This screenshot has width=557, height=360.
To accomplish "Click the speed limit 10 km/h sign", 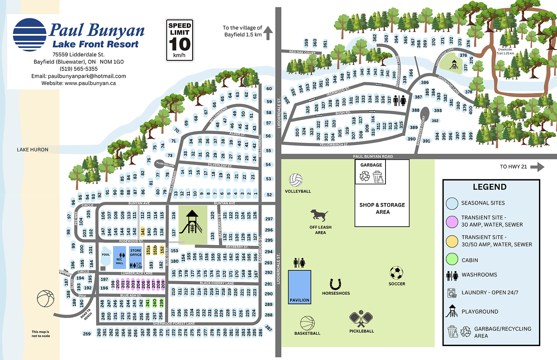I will click(180, 40).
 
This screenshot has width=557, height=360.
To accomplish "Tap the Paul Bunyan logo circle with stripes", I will click(30, 35).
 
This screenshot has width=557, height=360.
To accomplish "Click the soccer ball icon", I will click(396, 273).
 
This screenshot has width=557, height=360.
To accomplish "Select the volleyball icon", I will click(296, 180).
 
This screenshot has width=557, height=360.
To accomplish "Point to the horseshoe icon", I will click(335, 284).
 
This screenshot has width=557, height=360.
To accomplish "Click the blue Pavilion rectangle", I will click(299, 286).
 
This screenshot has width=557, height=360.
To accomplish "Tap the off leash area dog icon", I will click(319, 215).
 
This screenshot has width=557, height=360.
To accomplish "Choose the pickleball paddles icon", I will click(361, 319).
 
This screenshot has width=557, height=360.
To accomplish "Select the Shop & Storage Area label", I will click(382, 208).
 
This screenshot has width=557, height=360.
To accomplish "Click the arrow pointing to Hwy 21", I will click(537, 167).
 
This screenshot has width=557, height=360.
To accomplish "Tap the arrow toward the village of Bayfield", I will click(268, 33).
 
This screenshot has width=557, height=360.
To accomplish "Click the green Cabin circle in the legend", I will click(452, 259).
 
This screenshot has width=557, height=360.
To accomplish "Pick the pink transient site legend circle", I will click(452, 221).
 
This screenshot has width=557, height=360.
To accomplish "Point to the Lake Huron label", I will click(32, 150).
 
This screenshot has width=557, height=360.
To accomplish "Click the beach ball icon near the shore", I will click(45, 298).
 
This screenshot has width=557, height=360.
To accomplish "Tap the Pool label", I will click(106, 255).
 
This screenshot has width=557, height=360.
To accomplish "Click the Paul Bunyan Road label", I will click(373, 157).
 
